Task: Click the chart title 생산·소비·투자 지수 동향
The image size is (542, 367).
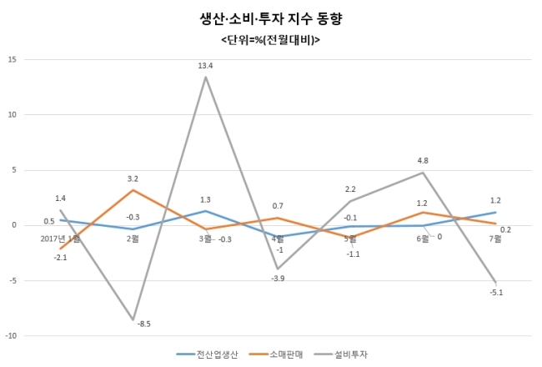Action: point(271,18)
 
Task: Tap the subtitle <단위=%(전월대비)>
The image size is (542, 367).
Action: point(271,40)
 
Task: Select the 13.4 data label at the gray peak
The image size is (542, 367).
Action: point(205,66)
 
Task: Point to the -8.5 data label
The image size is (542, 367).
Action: point(143,324)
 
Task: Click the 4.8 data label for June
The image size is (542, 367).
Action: point(423,160)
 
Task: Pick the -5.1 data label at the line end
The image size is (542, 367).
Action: point(496,293)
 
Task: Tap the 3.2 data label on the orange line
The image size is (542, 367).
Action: point(133,178)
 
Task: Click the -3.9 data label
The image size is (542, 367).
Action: point(278,279)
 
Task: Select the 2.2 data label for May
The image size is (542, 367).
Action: point(350,189)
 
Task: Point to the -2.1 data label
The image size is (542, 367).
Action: point(60,258)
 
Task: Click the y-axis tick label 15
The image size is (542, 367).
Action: point(13,59)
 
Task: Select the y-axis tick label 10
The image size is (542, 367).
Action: point(13,114)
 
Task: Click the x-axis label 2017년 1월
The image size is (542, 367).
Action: point(60,239)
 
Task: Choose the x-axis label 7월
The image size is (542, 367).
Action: point(495,239)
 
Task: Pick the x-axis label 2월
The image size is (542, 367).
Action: point(133,239)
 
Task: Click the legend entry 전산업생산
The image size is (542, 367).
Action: point(208,354)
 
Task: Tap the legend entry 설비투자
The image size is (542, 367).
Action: point(342,354)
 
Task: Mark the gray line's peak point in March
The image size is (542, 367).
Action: point(205,77)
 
